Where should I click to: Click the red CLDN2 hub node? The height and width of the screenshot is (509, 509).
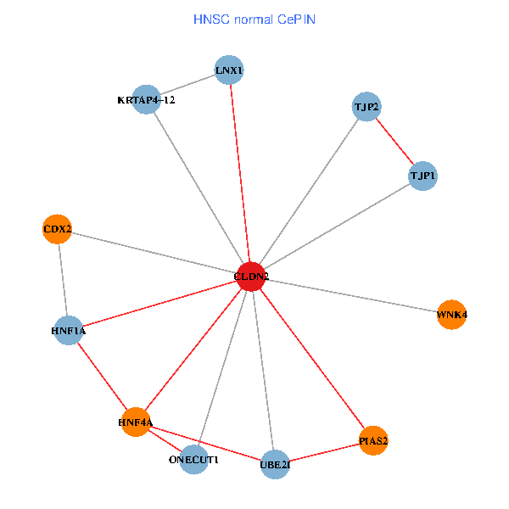pos(250,277)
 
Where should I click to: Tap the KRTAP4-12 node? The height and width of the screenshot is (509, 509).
pos(147,99)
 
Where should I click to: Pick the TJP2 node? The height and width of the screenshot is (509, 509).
pos(366,107)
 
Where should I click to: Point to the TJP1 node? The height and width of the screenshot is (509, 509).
pos(422,176)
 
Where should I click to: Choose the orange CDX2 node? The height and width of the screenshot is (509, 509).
pos(57,229)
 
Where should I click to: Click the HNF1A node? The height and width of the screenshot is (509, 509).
pos(68,330)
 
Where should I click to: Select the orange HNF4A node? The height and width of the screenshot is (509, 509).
pos(136,422)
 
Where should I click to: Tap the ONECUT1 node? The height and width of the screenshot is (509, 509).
pos(194,459)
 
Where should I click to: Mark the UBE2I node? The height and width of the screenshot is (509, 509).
pos(275,464)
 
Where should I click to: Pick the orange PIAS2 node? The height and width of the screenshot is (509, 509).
pos(373,440)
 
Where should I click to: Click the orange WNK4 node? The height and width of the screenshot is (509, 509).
pos(452,315)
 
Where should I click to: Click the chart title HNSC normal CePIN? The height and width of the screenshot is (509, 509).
pos(255,19)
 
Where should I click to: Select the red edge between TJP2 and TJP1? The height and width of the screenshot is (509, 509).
pos(394,142)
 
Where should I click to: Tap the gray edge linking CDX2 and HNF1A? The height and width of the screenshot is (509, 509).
pos(62,280)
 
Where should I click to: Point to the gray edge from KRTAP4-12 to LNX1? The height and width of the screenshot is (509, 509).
pos(188,85)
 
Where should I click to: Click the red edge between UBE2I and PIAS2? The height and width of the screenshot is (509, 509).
pos(324,452)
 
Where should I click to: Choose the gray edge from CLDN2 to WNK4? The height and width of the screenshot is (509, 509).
pos(351,296)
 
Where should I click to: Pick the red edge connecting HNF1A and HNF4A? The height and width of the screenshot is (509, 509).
pos(102,376)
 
